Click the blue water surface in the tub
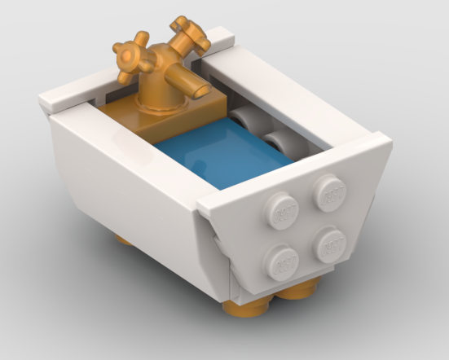pos(220,159)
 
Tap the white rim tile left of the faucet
pos(77,97)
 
